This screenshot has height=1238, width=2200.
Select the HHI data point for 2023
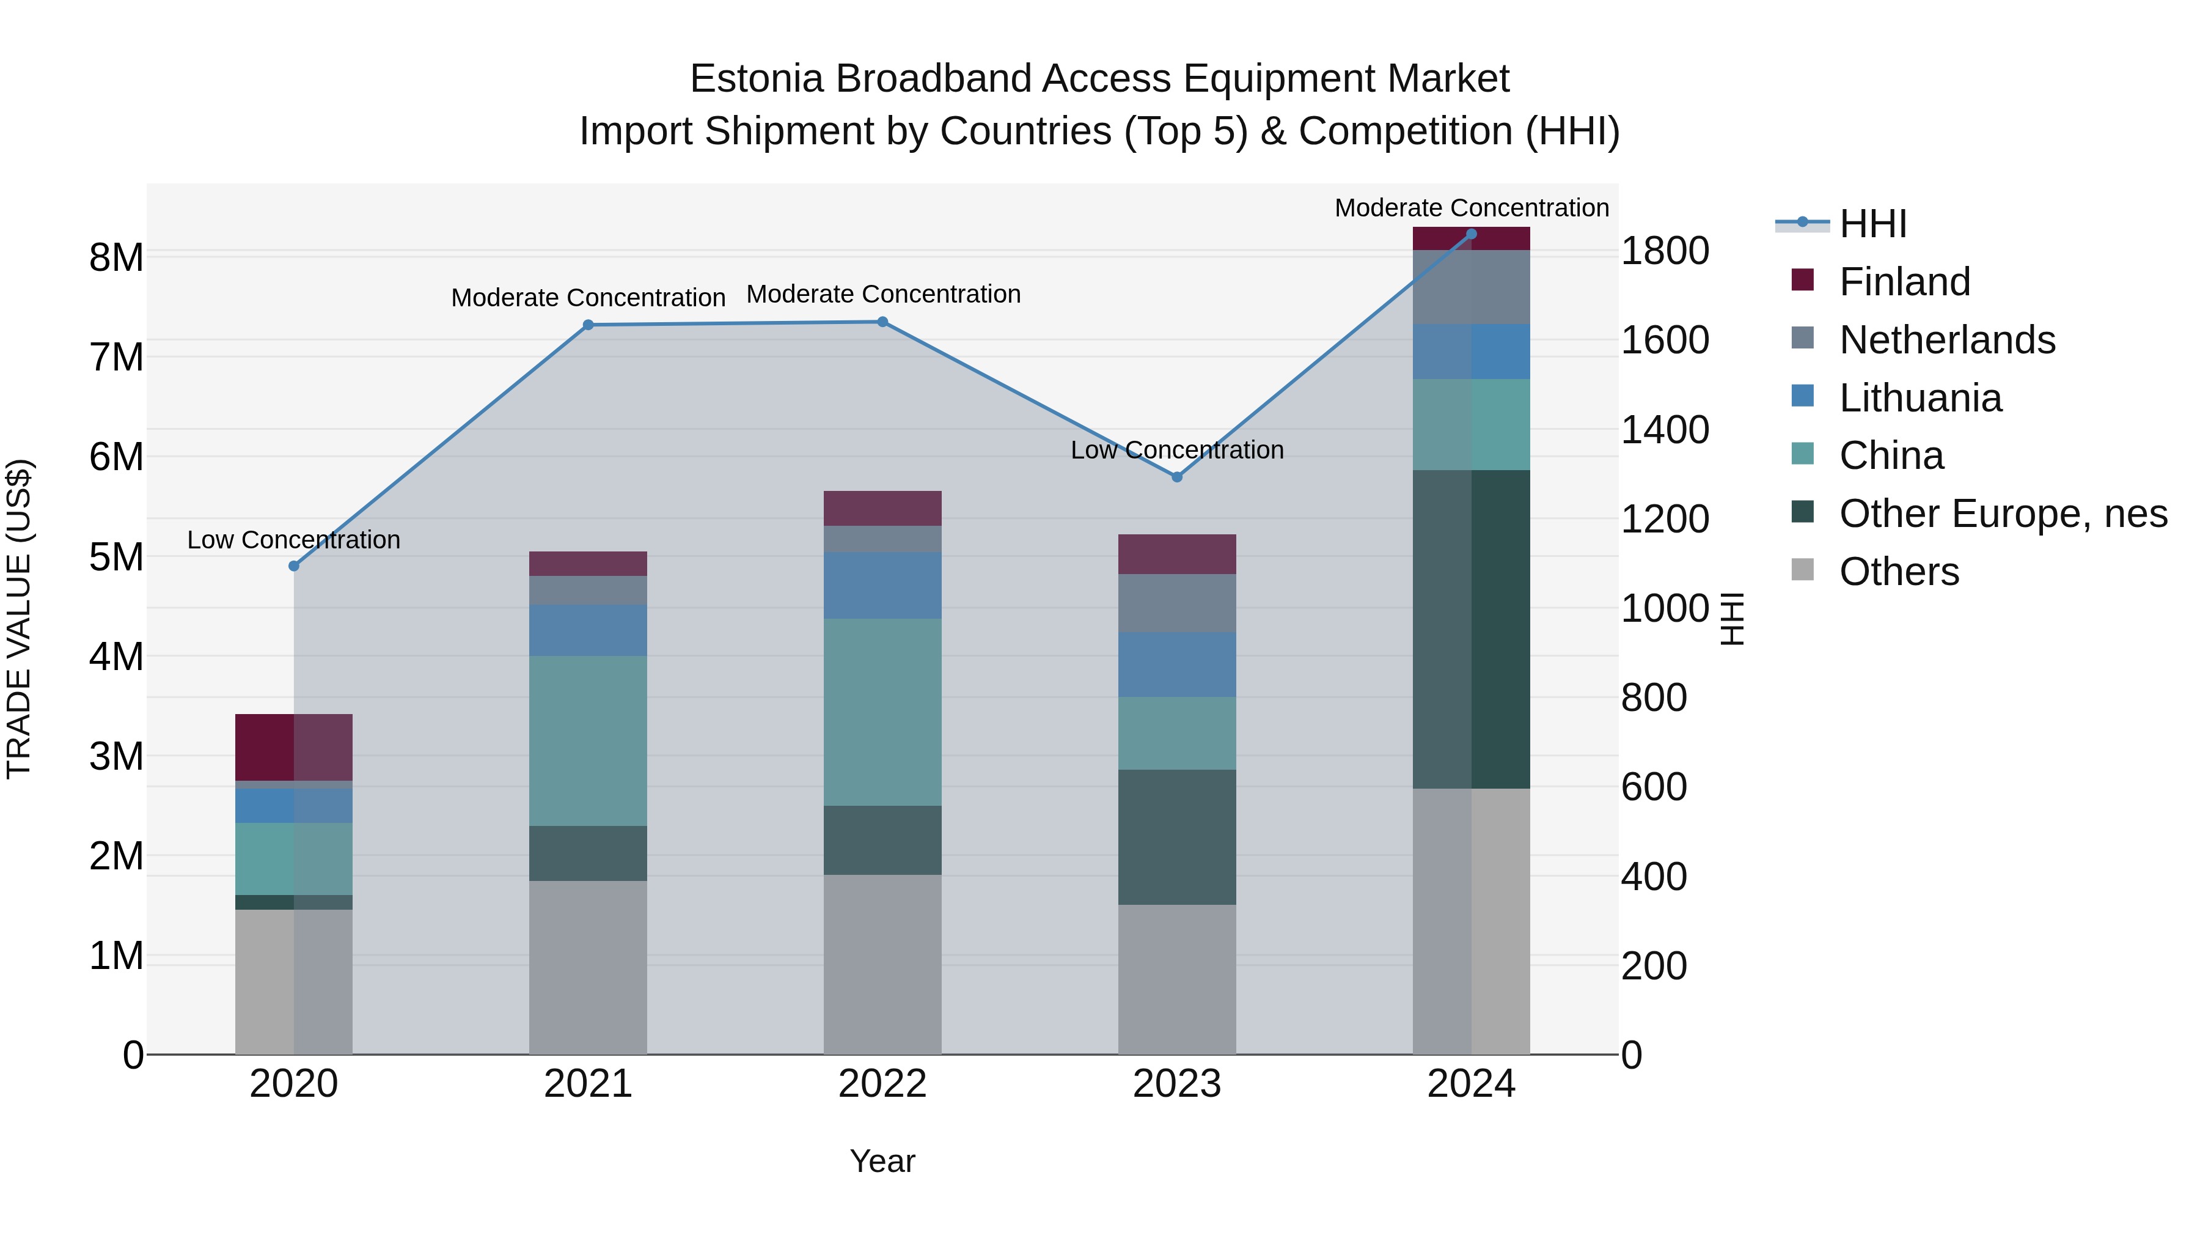click(1177, 477)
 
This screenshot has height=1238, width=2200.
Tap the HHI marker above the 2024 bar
click(1471, 234)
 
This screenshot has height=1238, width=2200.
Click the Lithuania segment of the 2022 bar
click(882, 584)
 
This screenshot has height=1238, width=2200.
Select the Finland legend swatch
click(1802, 280)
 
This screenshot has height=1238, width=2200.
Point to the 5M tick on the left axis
click(116, 557)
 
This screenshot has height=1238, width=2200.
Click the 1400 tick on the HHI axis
click(1665, 430)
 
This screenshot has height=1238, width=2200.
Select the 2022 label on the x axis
click(882, 1084)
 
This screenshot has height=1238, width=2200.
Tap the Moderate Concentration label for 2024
click(1471, 208)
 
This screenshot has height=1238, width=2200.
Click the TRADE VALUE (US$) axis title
click(19, 619)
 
